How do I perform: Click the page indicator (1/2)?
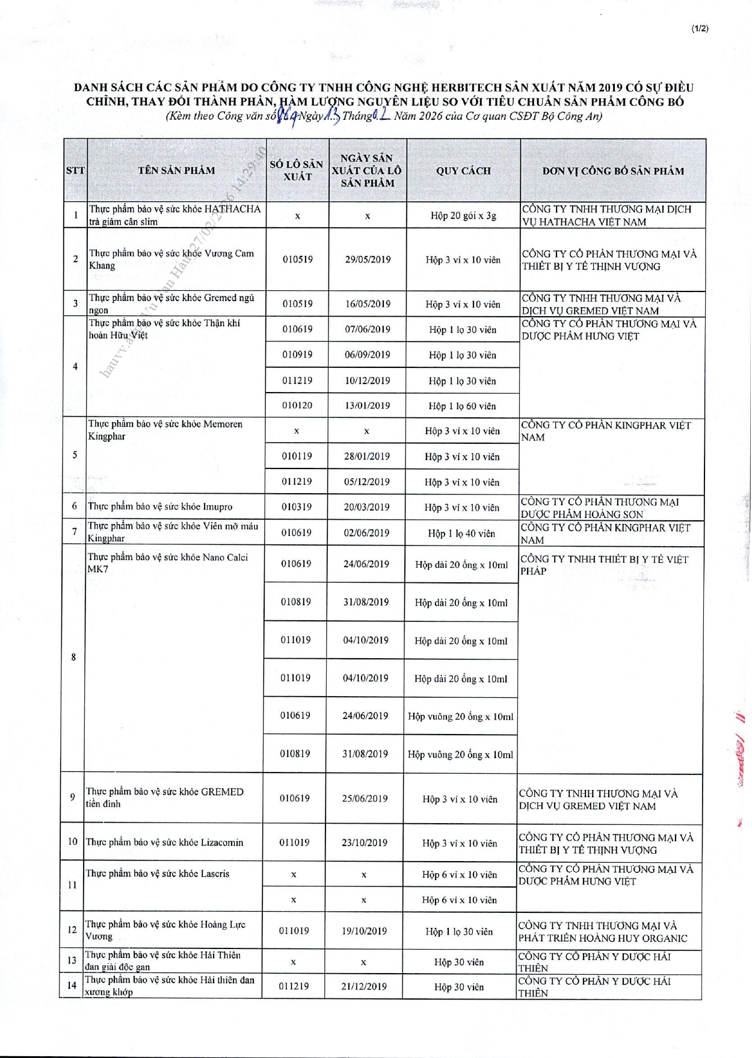(700, 28)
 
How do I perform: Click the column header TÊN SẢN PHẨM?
(176, 170)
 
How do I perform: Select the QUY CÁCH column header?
(463, 171)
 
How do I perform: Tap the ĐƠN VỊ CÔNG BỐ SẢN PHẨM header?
(612, 171)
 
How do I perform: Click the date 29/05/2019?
(368, 260)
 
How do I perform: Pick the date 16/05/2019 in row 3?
(368, 304)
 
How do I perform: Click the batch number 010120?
(297, 405)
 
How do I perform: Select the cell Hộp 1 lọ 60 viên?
(462, 406)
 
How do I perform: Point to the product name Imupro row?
(160, 506)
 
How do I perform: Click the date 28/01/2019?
(366, 456)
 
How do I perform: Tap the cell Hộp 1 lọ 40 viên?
(461, 534)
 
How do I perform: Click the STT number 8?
(73, 657)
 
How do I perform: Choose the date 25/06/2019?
(365, 798)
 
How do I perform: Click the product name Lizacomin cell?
(164, 842)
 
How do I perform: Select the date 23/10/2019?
(365, 842)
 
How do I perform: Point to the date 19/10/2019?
(364, 931)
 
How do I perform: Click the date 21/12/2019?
(364, 986)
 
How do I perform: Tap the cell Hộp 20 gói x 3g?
(463, 216)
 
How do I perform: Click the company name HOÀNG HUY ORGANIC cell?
(603, 932)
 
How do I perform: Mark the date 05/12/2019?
(366, 482)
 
